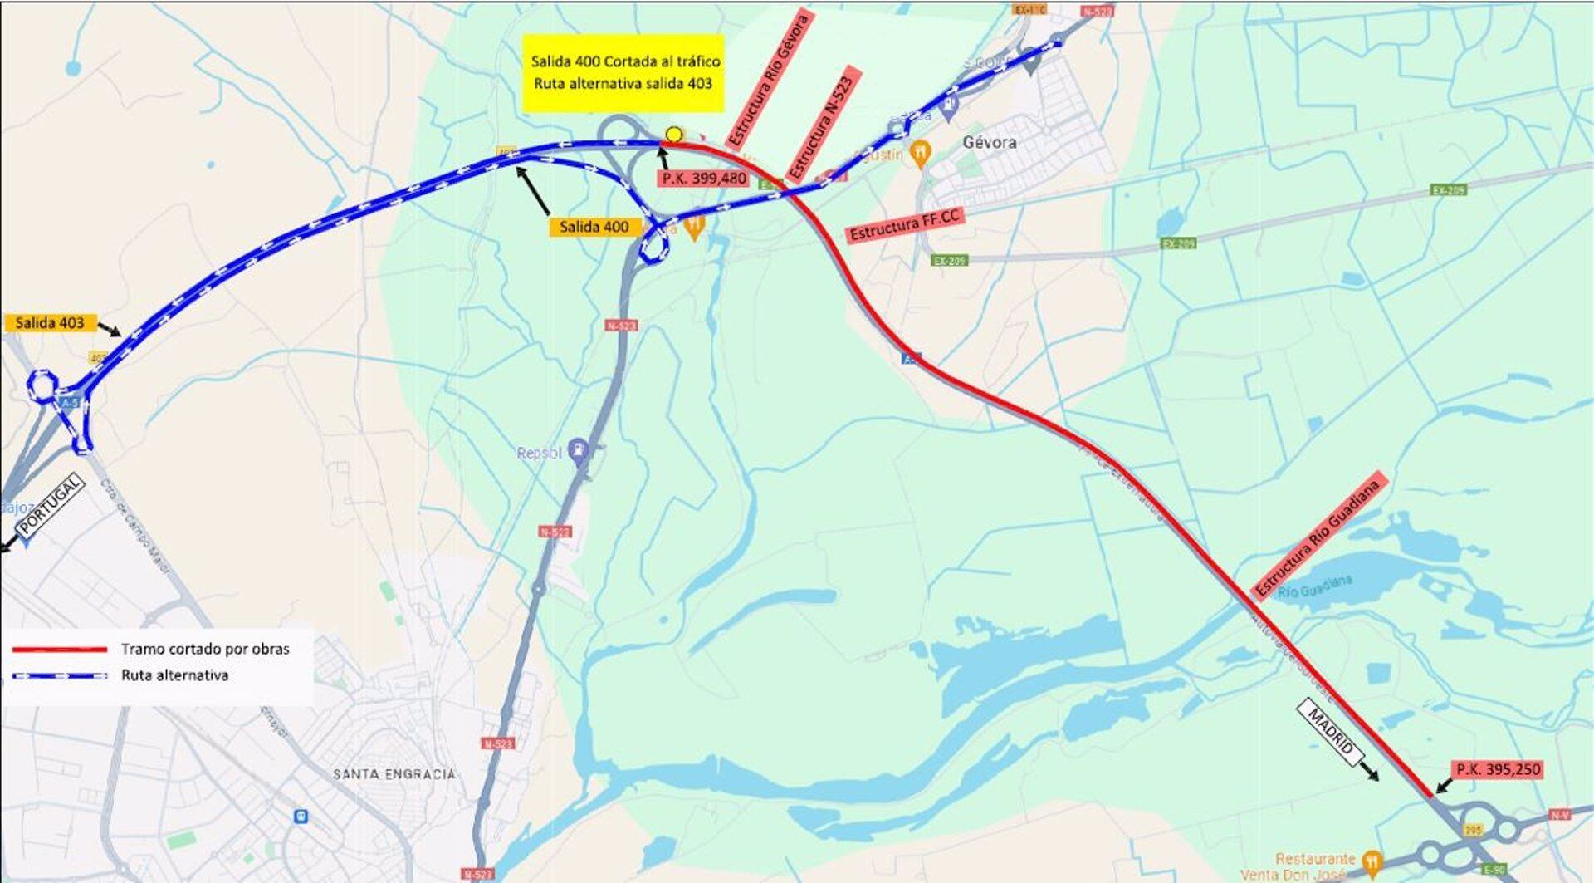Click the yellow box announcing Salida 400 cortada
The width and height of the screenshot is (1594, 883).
[x=624, y=73]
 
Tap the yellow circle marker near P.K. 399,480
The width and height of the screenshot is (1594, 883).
[x=674, y=135]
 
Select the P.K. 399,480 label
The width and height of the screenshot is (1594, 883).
[x=703, y=178]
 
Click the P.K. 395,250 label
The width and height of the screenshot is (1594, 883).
[x=1498, y=770]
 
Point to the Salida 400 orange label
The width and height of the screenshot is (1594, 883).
[x=594, y=227]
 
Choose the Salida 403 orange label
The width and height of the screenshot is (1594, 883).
[x=50, y=323]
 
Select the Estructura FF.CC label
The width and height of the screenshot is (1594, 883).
[x=904, y=226]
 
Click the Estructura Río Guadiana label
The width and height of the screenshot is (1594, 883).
[x=1318, y=537]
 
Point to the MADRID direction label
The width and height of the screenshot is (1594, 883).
[x=1331, y=732]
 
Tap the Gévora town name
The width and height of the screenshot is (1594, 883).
[x=990, y=142]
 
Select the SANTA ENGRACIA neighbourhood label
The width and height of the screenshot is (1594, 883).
[x=394, y=774]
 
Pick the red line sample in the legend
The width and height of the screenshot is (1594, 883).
[x=59, y=649]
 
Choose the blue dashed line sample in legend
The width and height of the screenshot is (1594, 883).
[x=59, y=675]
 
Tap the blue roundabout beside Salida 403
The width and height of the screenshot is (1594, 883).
[x=42, y=386]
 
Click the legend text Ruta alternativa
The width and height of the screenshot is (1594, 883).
[x=174, y=675]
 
